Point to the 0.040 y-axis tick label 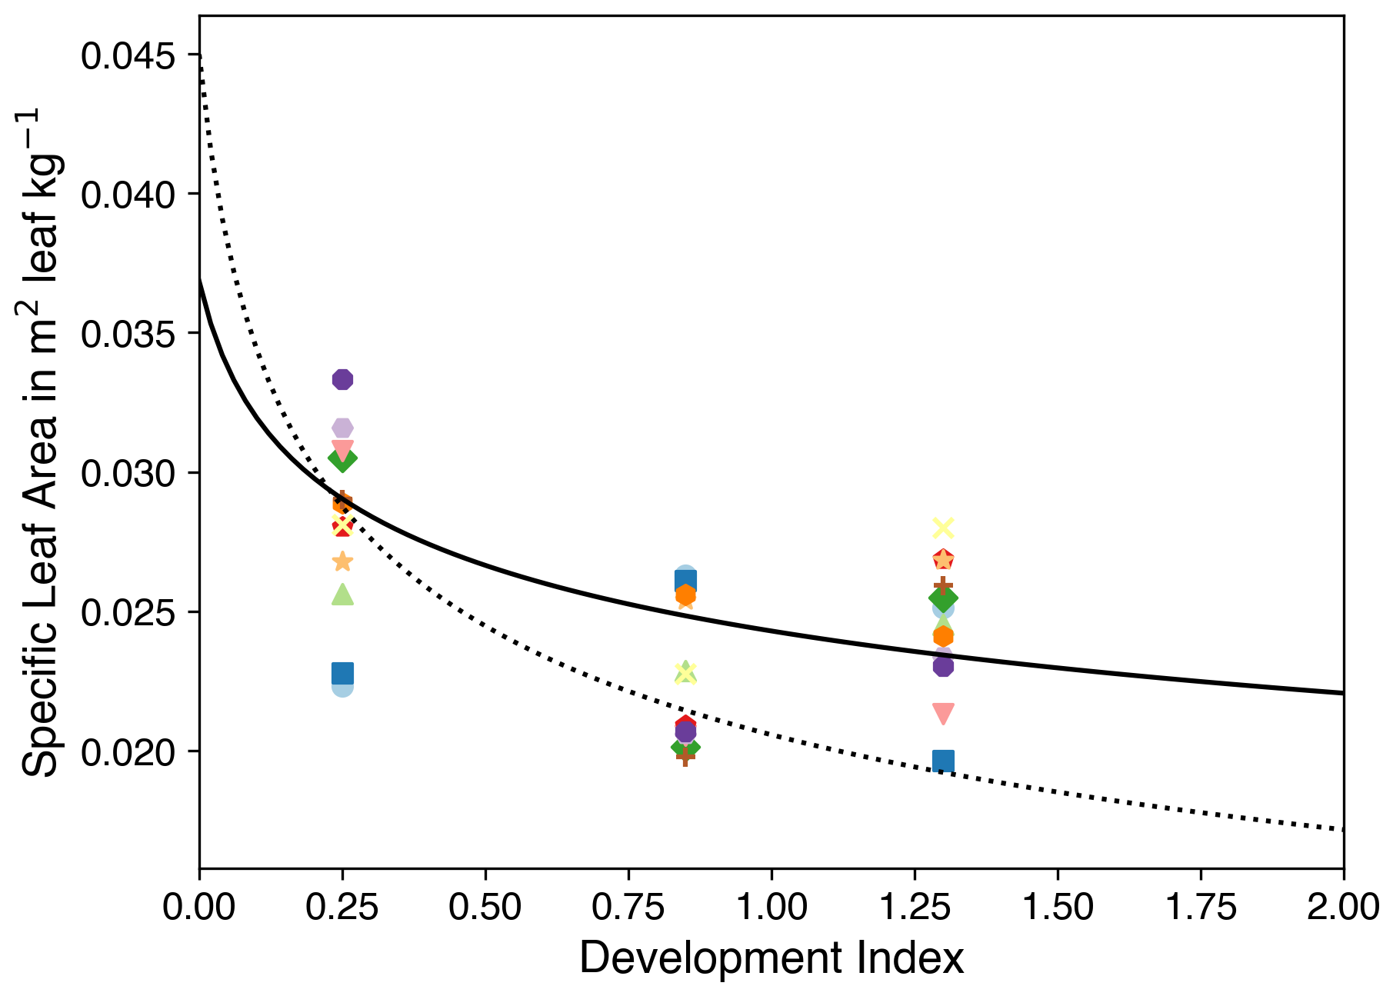click(x=127, y=195)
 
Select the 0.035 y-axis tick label click(x=127, y=335)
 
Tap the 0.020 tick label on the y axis click(x=127, y=753)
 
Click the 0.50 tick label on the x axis click(x=485, y=907)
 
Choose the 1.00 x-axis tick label click(x=771, y=907)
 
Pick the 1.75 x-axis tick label click(x=1201, y=907)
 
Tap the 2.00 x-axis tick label click(x=1342, y=907)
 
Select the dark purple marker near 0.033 click(x=342, y=379)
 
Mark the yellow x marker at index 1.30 click(x=943, y=528)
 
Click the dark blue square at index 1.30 click(x=943, y=761)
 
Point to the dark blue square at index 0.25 click(x=342, y=673)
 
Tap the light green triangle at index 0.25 click(x=342, y=595)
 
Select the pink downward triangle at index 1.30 click(x=943, y=713)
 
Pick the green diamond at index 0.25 click(x=342, y=458)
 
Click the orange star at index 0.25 click(x=342, y=561)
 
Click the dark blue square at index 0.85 click(x=685, y=581)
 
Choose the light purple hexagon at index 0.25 click(x=342, y=428)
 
